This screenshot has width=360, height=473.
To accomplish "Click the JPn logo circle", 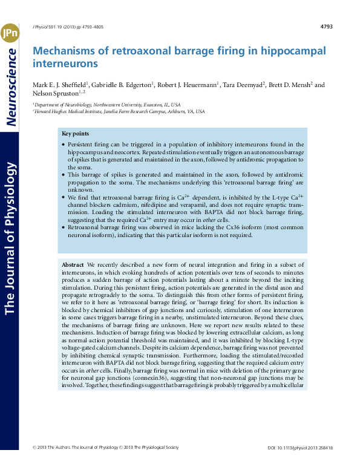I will [10, 33].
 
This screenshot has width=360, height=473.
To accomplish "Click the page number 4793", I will [326, 27].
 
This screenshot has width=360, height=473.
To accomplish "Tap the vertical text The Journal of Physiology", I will [10, 242].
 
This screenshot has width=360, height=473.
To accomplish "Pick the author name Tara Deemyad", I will [243, 85].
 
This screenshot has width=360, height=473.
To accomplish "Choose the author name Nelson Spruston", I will [56, 93].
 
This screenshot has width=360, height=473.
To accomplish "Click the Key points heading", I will [75, 133].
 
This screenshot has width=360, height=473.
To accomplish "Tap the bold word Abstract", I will [73, 265].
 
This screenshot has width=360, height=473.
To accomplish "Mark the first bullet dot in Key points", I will [64, 145].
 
